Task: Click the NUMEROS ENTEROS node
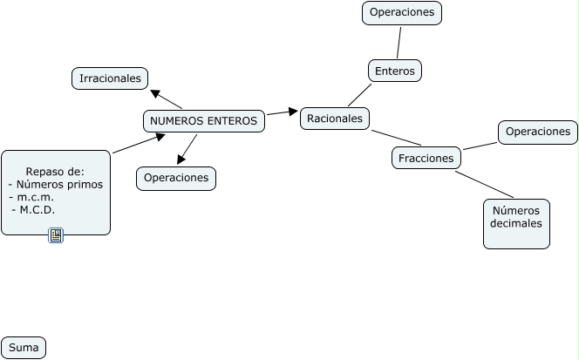point(204,121)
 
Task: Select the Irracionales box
point(110,78)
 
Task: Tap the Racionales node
point(335,118)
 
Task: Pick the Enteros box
point(394,71)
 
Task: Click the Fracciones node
point(426,158)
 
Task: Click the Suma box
point(24,348)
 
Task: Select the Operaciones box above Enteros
point(402,13)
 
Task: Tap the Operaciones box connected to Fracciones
point(538,132)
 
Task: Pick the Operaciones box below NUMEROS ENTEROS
point(176,178)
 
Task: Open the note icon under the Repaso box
point(56,235)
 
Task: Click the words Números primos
point(59,185)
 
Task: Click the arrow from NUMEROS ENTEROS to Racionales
point(283,112)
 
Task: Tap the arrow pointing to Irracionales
point(167,99)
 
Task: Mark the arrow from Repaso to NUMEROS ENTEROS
point(138,144)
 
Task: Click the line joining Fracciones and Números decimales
point(484,184)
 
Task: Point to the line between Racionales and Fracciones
point(396,138)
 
